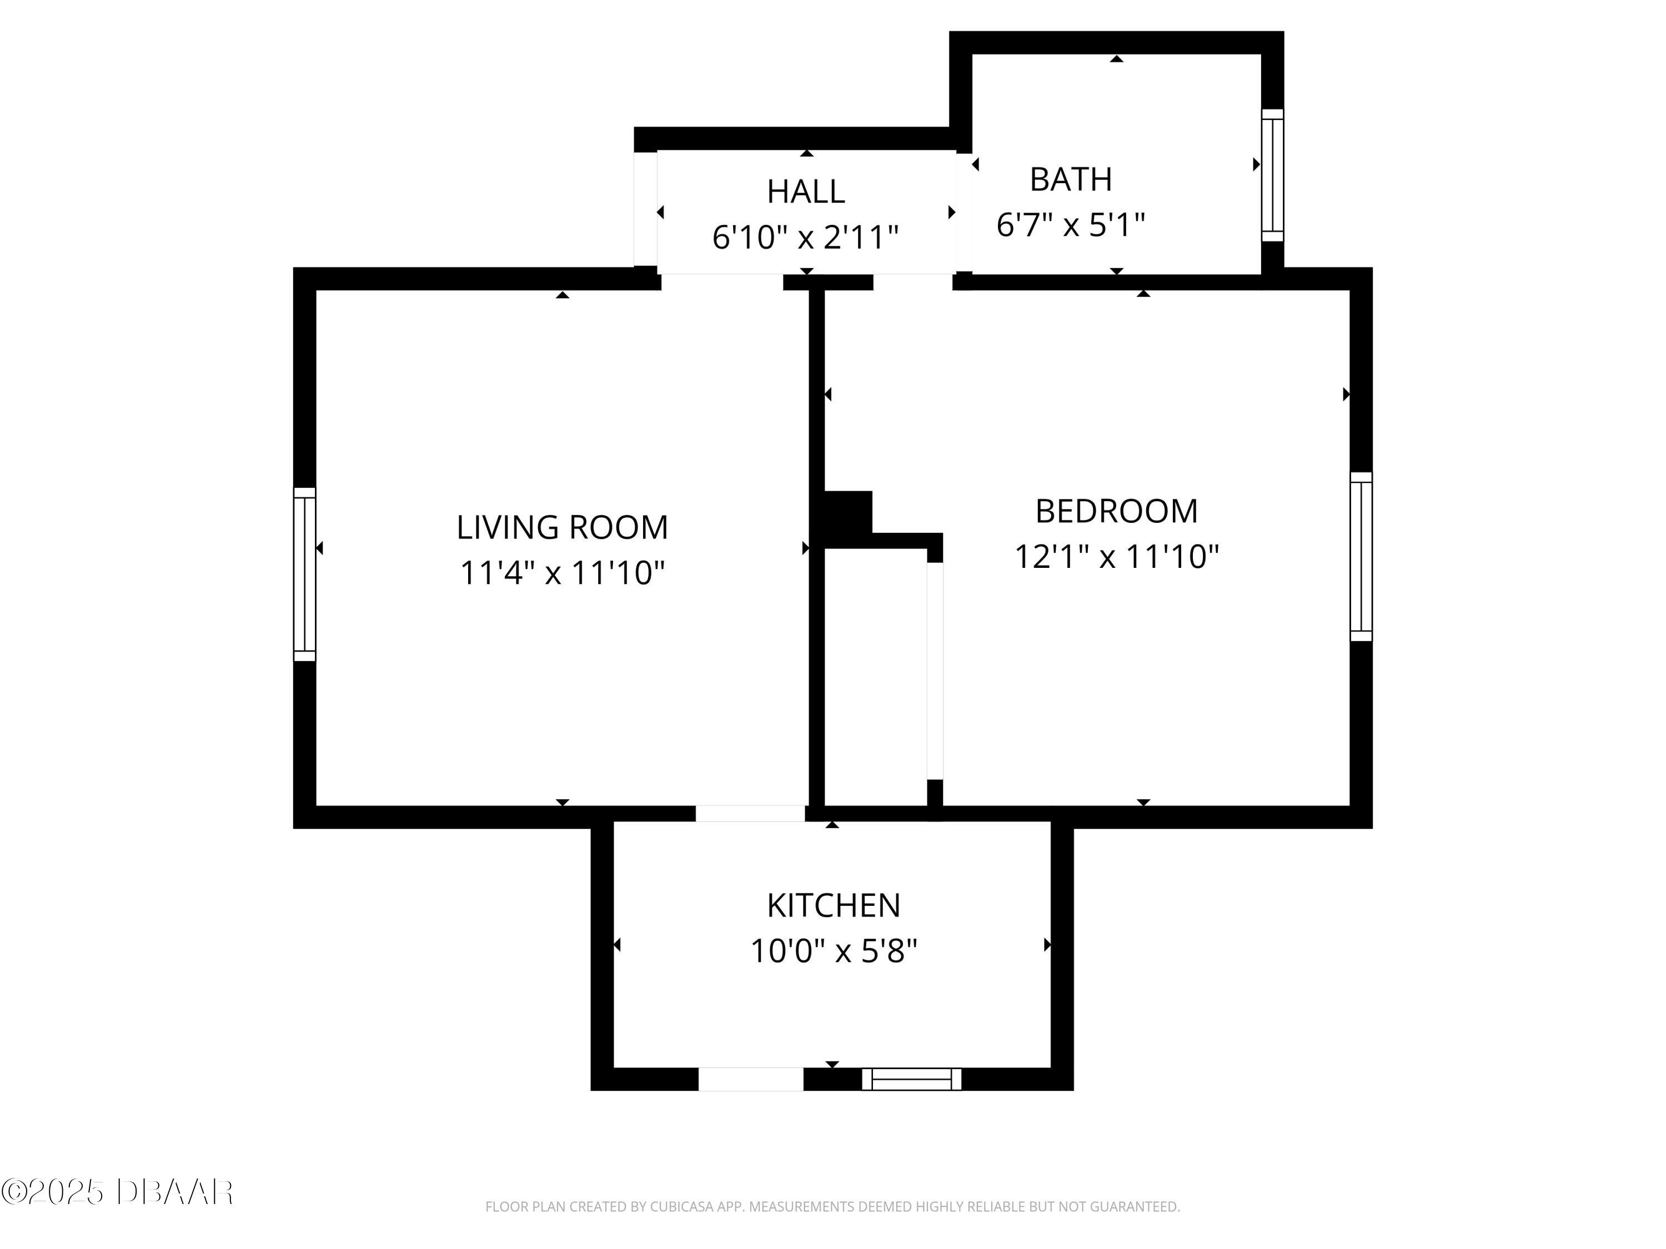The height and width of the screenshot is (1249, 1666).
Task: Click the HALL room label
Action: point(805,192)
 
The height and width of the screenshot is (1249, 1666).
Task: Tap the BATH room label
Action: point(1070,179)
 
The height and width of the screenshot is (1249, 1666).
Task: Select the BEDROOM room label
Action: point(1116,511)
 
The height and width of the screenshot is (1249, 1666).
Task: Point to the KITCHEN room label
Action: point(833,906)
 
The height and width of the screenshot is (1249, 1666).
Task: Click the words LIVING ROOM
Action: point(562,527)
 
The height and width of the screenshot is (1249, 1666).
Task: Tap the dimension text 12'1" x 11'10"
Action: point(1116,557)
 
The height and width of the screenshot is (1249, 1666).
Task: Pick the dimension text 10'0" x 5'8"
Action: point(833,951)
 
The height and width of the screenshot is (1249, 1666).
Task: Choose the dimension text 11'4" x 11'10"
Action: point(562,573)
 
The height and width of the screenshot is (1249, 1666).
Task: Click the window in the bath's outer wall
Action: point(1272,175)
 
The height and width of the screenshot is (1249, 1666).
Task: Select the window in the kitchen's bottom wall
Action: point(911,1079)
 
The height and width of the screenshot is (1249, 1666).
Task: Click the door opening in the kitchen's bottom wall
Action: point(750,1079)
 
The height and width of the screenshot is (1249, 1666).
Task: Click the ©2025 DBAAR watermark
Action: point(117,1192)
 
